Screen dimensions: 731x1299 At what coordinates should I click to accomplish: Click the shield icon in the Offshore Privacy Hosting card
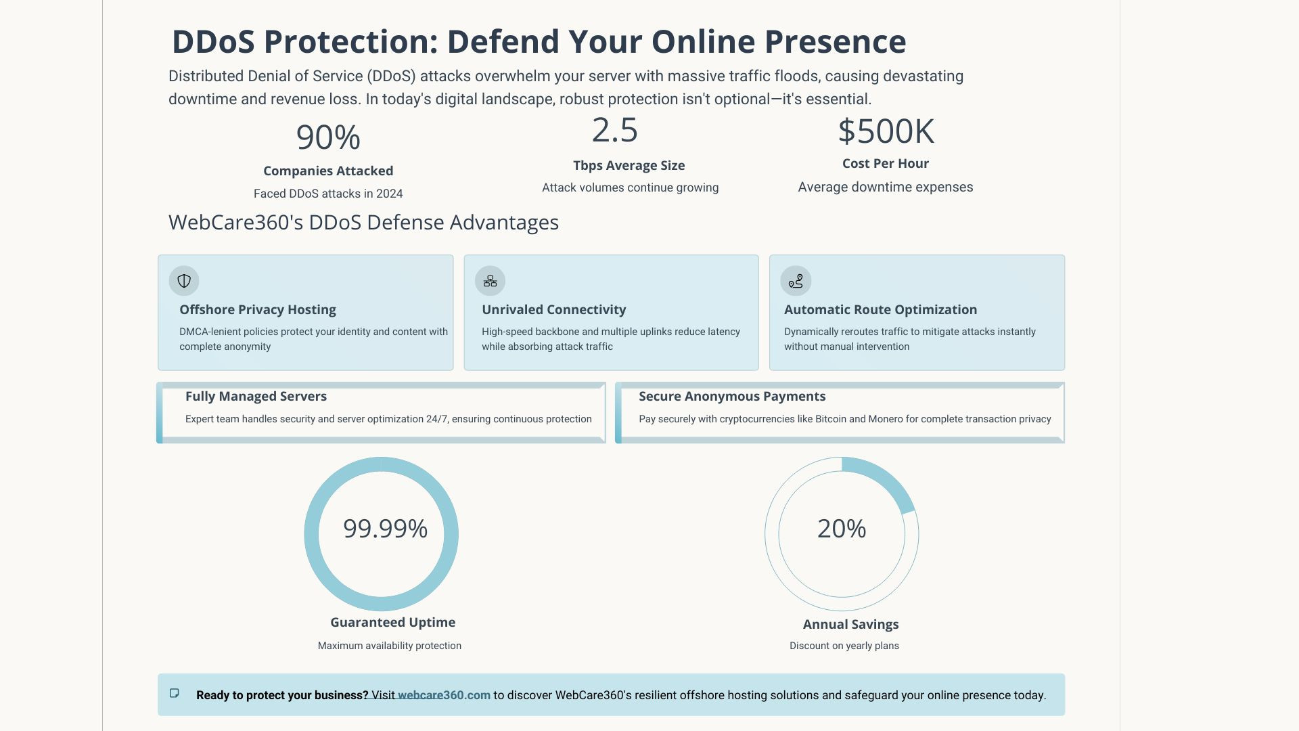[x=184, y=281]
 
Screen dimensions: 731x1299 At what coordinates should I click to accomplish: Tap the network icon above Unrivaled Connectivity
[x=491, y=281]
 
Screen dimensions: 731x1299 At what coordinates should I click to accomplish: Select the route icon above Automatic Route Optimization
[x=796, y=281]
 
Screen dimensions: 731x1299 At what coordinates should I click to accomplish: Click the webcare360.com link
[x=444, y=695]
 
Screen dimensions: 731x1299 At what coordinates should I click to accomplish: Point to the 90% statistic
[x=328, y=137]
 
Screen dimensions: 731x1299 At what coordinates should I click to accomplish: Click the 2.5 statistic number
[x=614, y=130]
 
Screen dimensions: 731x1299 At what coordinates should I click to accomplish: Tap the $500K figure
[x=886, y=131]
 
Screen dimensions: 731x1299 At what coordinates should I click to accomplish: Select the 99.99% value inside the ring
[x=385, y=529]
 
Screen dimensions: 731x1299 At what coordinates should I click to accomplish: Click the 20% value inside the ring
[x=842, y=529]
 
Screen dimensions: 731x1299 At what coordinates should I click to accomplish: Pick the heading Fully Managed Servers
[x=256, y=397]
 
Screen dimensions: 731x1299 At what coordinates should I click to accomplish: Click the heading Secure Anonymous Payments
[x=732, y=397]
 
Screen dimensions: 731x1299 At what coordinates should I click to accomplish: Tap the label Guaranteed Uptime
[x=392, y=623]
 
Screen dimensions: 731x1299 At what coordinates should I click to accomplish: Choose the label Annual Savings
[x=850, y=625]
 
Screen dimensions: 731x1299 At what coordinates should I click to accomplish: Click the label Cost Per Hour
[x=885, y=164]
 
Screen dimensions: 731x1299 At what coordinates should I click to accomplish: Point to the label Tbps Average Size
[x=629, y=166]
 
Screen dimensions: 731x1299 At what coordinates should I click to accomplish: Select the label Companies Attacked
[x=328, y=171]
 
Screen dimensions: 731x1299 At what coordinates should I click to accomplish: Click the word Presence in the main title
[x=836, y=42]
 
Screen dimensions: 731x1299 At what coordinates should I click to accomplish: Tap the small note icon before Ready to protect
[x=175, y=693]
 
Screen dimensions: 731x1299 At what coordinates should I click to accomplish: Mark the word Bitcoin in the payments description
[x=830, y=419]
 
